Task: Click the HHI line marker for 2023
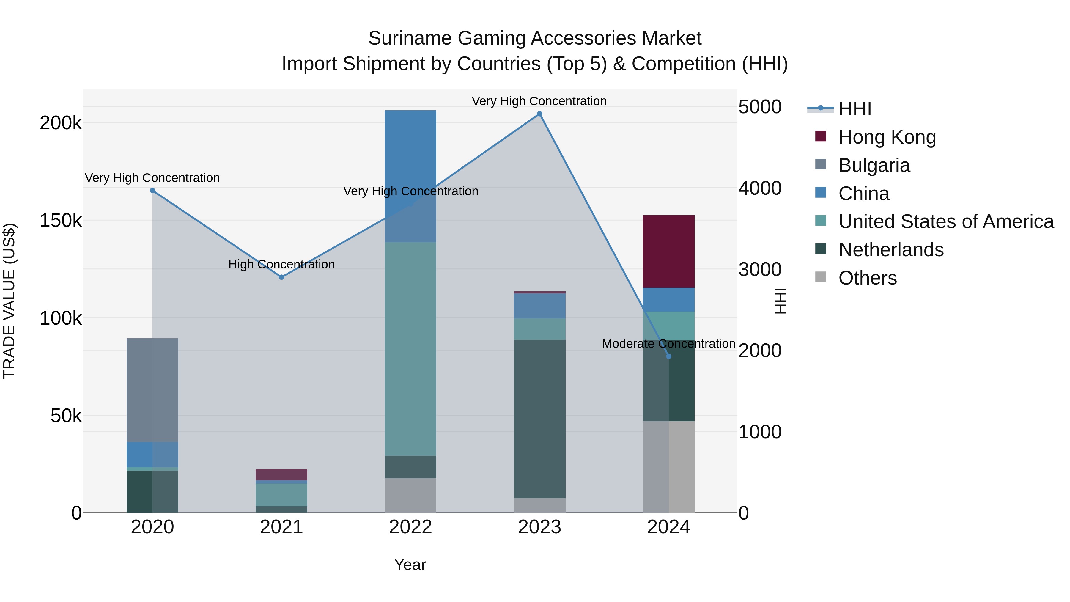click(539, 114)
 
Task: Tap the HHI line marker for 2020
click(152, 191)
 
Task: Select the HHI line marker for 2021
click(282, 277)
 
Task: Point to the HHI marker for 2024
click(669, 356)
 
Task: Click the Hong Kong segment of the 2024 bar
click(669, 251)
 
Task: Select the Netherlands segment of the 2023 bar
click(539, 419)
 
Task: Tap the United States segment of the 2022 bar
click(410, 349)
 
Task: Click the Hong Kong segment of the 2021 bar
click(282, 474)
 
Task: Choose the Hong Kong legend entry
click(887, 137)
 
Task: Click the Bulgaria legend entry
click(874, 165)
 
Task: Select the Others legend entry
click(867, 278)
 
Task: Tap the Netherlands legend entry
click(890, 250)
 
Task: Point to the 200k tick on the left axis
click(61, 123)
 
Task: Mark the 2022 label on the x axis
click(410, 527)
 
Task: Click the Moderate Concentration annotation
click(668, 344)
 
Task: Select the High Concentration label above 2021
click(282, 264)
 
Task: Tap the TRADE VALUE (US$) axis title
click(9, 301)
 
